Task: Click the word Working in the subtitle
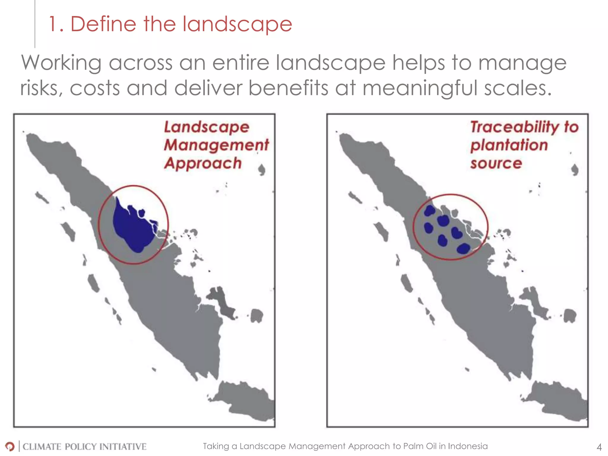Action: [61, 63]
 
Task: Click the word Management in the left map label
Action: [216, 145]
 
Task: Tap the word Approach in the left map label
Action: [203, 163]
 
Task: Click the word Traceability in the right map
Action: [515, 127]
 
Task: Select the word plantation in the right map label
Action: [509, 145]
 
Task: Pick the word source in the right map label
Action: [496, 163]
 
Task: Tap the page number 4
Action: [599, 447]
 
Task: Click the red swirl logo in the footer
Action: [10, 446]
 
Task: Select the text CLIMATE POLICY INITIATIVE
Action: [84, 446]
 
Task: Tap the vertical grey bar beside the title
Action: [35, 24]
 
